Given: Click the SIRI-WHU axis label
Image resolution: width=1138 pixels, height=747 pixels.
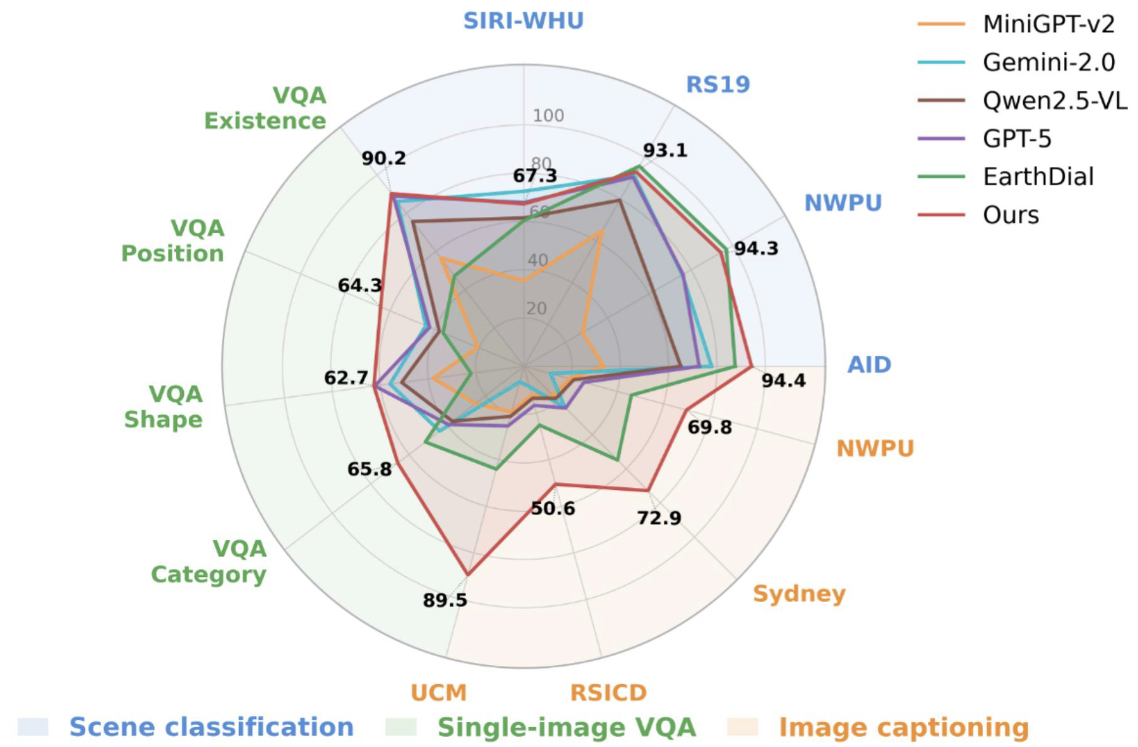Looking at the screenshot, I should pos(523,21).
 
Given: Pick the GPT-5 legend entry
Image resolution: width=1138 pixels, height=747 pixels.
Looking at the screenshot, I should pos(1016,139).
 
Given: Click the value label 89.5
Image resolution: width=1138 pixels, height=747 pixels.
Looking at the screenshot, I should pos(445,600).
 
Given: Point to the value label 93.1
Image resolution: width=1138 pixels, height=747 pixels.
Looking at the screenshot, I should pos(664,151).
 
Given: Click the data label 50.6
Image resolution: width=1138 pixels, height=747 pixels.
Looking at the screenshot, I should pos(553,508).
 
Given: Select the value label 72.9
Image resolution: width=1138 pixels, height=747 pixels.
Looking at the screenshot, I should pos(659,518).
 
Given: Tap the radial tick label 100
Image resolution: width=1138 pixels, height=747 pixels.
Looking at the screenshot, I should pos(548,115).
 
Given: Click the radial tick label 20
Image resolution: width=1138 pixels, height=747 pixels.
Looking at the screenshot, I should pos(536,308).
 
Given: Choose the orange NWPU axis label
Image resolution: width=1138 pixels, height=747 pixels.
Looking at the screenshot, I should pos(875,448).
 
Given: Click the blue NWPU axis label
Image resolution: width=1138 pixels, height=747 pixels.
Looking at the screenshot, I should pos(843,203).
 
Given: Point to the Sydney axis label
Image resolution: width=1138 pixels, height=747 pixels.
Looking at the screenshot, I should pos(799,593).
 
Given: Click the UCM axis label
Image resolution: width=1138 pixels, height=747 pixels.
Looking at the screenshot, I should pos(439,692).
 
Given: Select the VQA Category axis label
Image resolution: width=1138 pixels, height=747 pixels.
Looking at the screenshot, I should pos(209,561).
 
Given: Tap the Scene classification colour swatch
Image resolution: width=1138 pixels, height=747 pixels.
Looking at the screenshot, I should pos(33,727).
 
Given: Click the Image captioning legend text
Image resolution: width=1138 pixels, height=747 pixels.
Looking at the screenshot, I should pos(903,727).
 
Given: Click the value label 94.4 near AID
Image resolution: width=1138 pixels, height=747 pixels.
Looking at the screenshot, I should pos(783,380).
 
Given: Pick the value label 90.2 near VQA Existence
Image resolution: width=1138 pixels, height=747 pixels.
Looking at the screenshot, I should pos(383,158).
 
